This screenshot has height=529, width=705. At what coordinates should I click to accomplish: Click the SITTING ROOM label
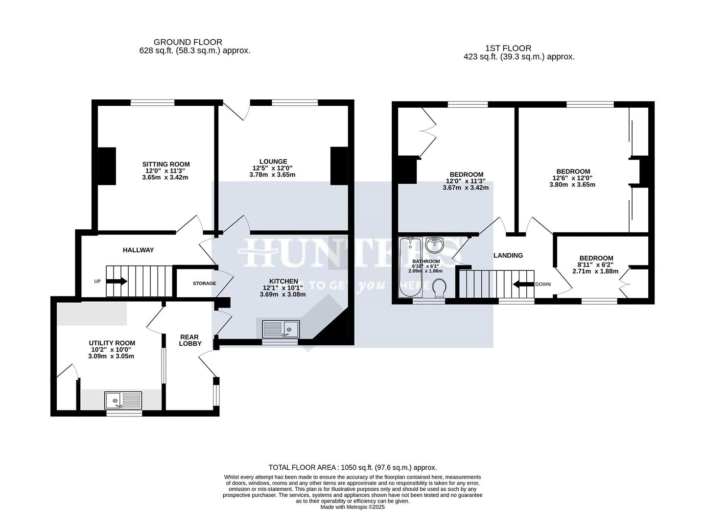(165, 165)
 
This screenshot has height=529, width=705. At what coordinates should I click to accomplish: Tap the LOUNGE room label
(273, 162)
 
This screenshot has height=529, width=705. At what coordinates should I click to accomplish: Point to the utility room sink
(123, 401)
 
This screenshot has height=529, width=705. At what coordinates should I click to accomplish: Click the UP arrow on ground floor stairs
(117, 281)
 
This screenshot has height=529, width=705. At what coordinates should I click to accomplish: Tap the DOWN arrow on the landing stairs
(522, 284)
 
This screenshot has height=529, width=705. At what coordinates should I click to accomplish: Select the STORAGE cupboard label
(204, 284)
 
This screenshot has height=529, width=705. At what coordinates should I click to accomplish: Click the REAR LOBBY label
(189, 340)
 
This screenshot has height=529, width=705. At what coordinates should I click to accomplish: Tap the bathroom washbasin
(434, 243)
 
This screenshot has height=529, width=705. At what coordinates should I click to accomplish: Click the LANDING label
(508, 255)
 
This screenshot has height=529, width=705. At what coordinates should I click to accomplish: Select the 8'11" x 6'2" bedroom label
(596, 258)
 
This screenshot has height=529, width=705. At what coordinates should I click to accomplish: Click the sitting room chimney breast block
(106, 166)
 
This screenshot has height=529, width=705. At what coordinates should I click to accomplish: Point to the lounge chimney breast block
(339, 166)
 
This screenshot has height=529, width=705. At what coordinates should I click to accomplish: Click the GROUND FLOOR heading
(188, 42)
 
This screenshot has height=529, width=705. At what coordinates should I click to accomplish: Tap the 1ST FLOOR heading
(508, 48)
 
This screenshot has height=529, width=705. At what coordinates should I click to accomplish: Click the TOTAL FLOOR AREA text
(352, 467)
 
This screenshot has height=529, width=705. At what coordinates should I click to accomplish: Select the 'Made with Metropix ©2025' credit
(352, 507)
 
